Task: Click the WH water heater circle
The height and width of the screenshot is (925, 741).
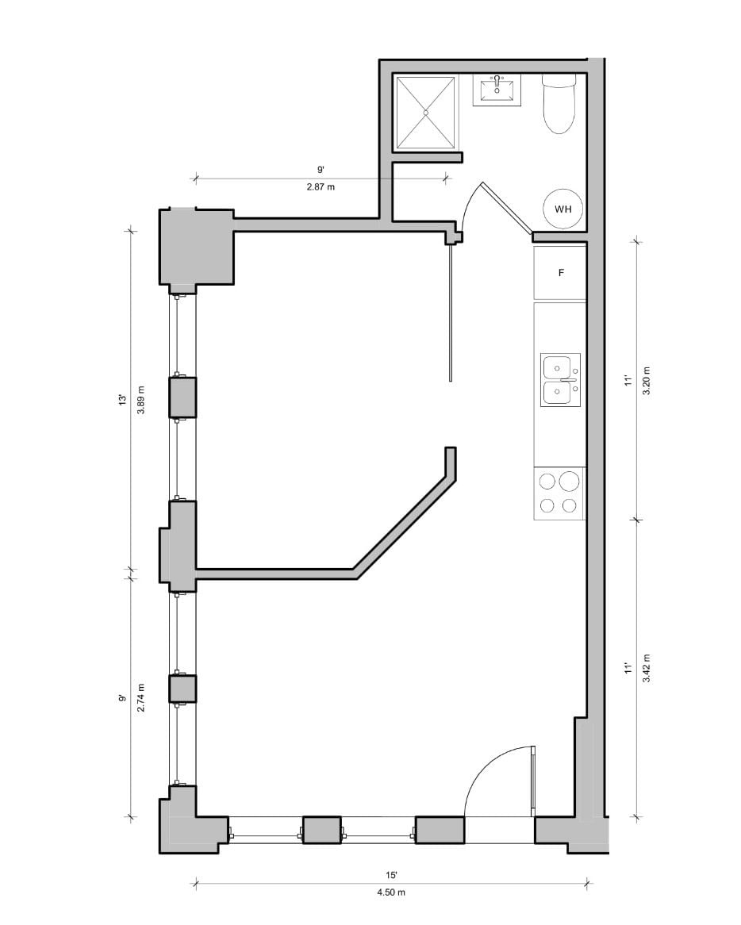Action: point(563,209)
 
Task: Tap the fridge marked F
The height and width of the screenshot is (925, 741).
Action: point(560,273)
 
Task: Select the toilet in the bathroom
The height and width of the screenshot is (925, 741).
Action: point(559,104)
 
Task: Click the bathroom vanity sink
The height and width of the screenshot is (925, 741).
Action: point(497,90)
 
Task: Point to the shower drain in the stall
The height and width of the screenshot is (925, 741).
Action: point(426,113)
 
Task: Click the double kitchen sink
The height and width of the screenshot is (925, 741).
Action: point(560,379)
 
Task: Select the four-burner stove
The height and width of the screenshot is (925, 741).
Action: point(559,493)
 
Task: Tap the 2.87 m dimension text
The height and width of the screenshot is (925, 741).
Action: point(321,187)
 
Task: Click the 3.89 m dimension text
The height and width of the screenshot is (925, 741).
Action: point(141,401)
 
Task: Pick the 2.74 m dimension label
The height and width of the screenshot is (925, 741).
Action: point(141,697)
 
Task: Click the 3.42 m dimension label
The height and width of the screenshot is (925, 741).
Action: point(647,669)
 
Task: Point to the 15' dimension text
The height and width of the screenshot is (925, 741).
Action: point(391,874)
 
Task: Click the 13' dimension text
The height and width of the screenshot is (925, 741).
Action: point(122,401)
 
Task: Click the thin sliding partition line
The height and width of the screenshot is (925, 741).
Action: point(451,313)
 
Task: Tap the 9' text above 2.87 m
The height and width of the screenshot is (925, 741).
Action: point(321,170)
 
